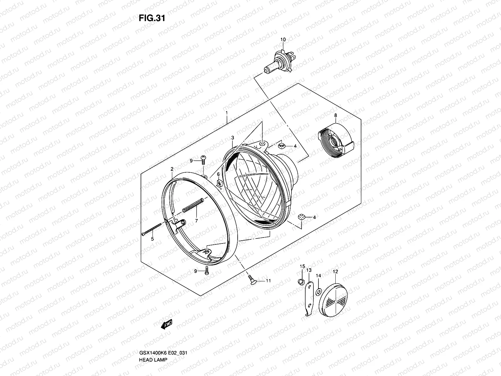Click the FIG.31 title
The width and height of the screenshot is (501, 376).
point(152,18)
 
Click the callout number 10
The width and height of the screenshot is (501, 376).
point(283,40)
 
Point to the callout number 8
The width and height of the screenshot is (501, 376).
point(335,115)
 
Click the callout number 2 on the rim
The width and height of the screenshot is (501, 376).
point(172,169)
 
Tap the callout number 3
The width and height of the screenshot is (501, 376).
point(233,138)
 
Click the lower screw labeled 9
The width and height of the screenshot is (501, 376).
point(207,270)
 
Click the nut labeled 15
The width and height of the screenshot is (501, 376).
point(300,281)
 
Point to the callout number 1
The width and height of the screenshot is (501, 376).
point(226,112)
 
